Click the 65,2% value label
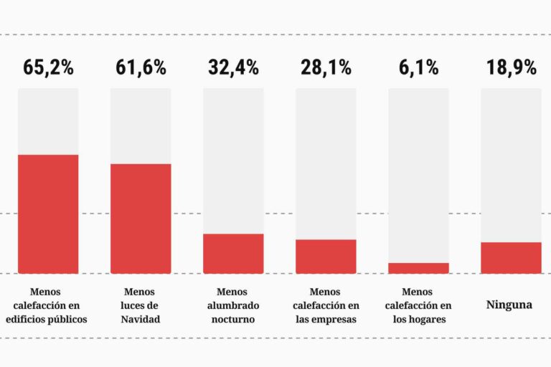[48, 68]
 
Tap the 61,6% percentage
[141, 68]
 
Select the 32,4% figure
[233, 68]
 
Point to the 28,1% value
[326, 68]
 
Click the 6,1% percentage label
[418, 68]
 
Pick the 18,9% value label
[511, 68]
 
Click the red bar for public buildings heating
[48, 214]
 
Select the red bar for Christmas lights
[141, 219]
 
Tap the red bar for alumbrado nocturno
[233, 253]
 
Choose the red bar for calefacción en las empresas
[326, 256]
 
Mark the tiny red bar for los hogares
[418, 268]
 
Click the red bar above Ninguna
[511, 257]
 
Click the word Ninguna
[509, 305]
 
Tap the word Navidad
[140, 319]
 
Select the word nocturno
[232, 319]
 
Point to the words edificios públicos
[46, 319]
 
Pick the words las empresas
[326, 319]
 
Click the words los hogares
[419, 319]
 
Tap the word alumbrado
[232, 305]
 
